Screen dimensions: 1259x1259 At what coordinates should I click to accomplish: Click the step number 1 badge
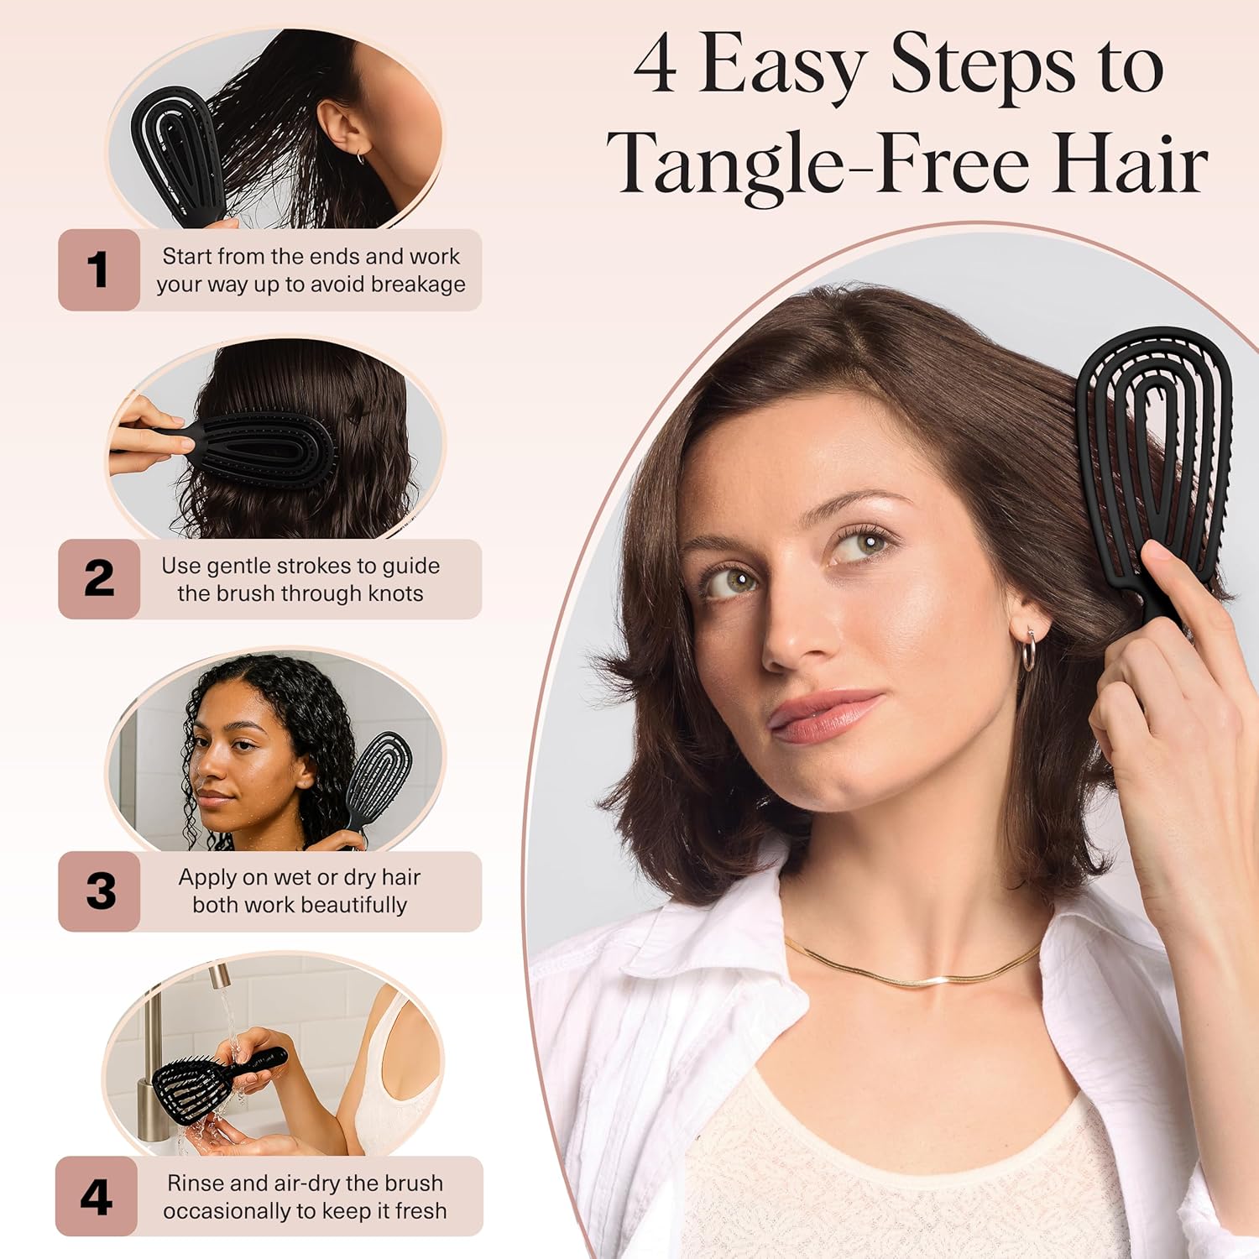coord(98,269)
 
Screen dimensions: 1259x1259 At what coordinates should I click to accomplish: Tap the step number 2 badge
coord(98,579)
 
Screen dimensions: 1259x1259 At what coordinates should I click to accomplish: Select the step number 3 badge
coord(100,891)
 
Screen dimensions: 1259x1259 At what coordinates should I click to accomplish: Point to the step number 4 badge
coord(97,1197)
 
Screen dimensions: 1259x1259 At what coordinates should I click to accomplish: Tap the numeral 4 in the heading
coord(655,65)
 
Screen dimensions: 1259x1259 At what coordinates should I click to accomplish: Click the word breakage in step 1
coord(418,285)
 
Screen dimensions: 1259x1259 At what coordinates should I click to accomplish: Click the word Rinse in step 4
coord(195,1183)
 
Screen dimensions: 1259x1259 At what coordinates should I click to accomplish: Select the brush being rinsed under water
coord(210,1079)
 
